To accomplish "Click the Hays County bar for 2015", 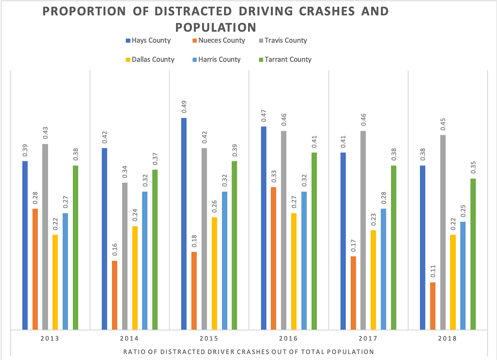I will click(184, 224).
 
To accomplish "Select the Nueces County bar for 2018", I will click(433, 306).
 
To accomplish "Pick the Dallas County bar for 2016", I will click(294, 271).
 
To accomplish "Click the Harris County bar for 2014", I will click(145, 260).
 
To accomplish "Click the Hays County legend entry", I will click(148, 41).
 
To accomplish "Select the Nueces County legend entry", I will click(218, 41).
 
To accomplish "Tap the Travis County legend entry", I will click(282, 41).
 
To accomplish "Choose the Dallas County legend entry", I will click(150, 60).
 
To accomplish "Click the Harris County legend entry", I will click(216, 60).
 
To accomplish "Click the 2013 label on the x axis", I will click(50, 338).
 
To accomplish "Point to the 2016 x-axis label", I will click(289, 338).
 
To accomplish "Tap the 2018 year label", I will click(448, 338).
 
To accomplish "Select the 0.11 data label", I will click(433, 271).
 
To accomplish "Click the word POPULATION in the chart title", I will click(215, 27).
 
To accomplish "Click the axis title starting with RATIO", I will click(248, 352).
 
